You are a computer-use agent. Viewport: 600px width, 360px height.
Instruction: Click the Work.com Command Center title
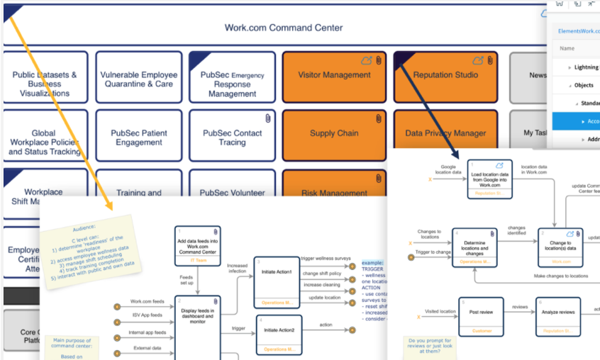284,28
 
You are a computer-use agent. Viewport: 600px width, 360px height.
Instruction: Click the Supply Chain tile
334,133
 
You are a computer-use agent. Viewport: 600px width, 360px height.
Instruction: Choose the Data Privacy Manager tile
445,133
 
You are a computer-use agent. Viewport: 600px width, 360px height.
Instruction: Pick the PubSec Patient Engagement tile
139,137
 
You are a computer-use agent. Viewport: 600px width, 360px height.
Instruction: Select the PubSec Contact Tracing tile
233,137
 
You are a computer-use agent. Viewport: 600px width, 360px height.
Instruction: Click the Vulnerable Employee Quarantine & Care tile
139,78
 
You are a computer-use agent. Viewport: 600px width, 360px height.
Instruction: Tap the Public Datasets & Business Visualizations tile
45,83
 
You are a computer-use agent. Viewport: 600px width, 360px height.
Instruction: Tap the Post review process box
480,315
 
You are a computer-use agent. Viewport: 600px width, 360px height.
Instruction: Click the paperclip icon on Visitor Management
379,60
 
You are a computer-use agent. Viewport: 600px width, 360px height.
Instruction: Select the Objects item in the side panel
584,85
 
